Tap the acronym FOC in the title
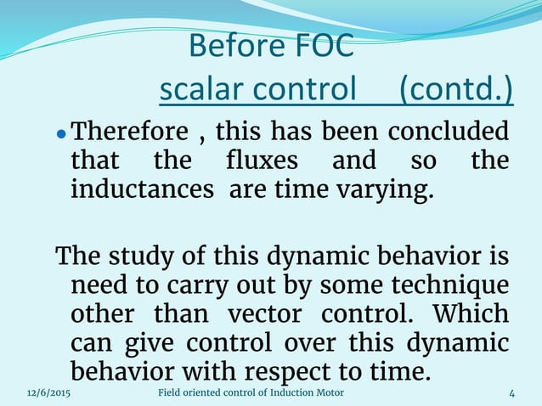323,47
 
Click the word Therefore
128,133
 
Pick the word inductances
142,189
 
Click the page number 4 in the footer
512,392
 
